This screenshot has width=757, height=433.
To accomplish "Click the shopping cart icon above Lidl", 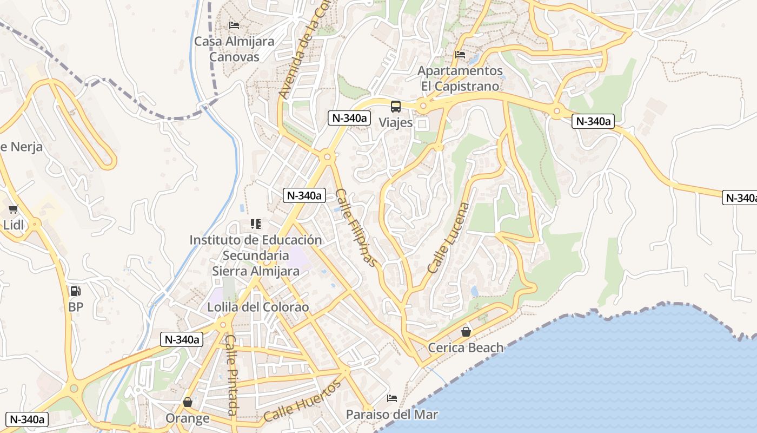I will click(x=13, y=209).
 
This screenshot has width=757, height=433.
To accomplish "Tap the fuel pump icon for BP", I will click(x=76, y=291).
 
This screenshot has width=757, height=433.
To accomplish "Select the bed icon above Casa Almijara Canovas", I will click(x=234, y=25).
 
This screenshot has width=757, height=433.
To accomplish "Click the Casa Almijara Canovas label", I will click(x=234, y=49).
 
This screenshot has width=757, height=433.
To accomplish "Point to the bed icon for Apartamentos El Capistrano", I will click(x=460, y=55).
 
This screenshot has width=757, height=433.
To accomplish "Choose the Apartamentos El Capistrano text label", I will click(x=460, y=78).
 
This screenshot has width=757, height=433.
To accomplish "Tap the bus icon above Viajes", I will click(x=396, y=107).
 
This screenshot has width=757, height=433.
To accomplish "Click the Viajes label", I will click(x=395, y=123).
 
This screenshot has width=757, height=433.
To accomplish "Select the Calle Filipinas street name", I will click(x=355, y=228).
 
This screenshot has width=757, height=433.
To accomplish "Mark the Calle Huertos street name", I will click(x=303, y=401).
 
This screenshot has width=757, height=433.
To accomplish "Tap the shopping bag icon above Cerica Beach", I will click(x=466, y=332).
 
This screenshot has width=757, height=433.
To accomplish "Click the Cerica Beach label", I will click(x=466, y=347).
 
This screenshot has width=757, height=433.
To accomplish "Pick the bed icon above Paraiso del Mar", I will click(x=392, y=399).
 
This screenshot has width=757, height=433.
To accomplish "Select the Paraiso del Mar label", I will click(x=392, y=415).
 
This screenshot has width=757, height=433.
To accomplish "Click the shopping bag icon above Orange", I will click(x=188, y=402).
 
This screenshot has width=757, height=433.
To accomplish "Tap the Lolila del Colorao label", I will click(x=258, y=307).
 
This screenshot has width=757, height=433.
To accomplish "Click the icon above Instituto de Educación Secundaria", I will click(x=256, y=224).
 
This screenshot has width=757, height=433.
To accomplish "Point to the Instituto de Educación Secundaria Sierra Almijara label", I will click(x=256, y=255).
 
